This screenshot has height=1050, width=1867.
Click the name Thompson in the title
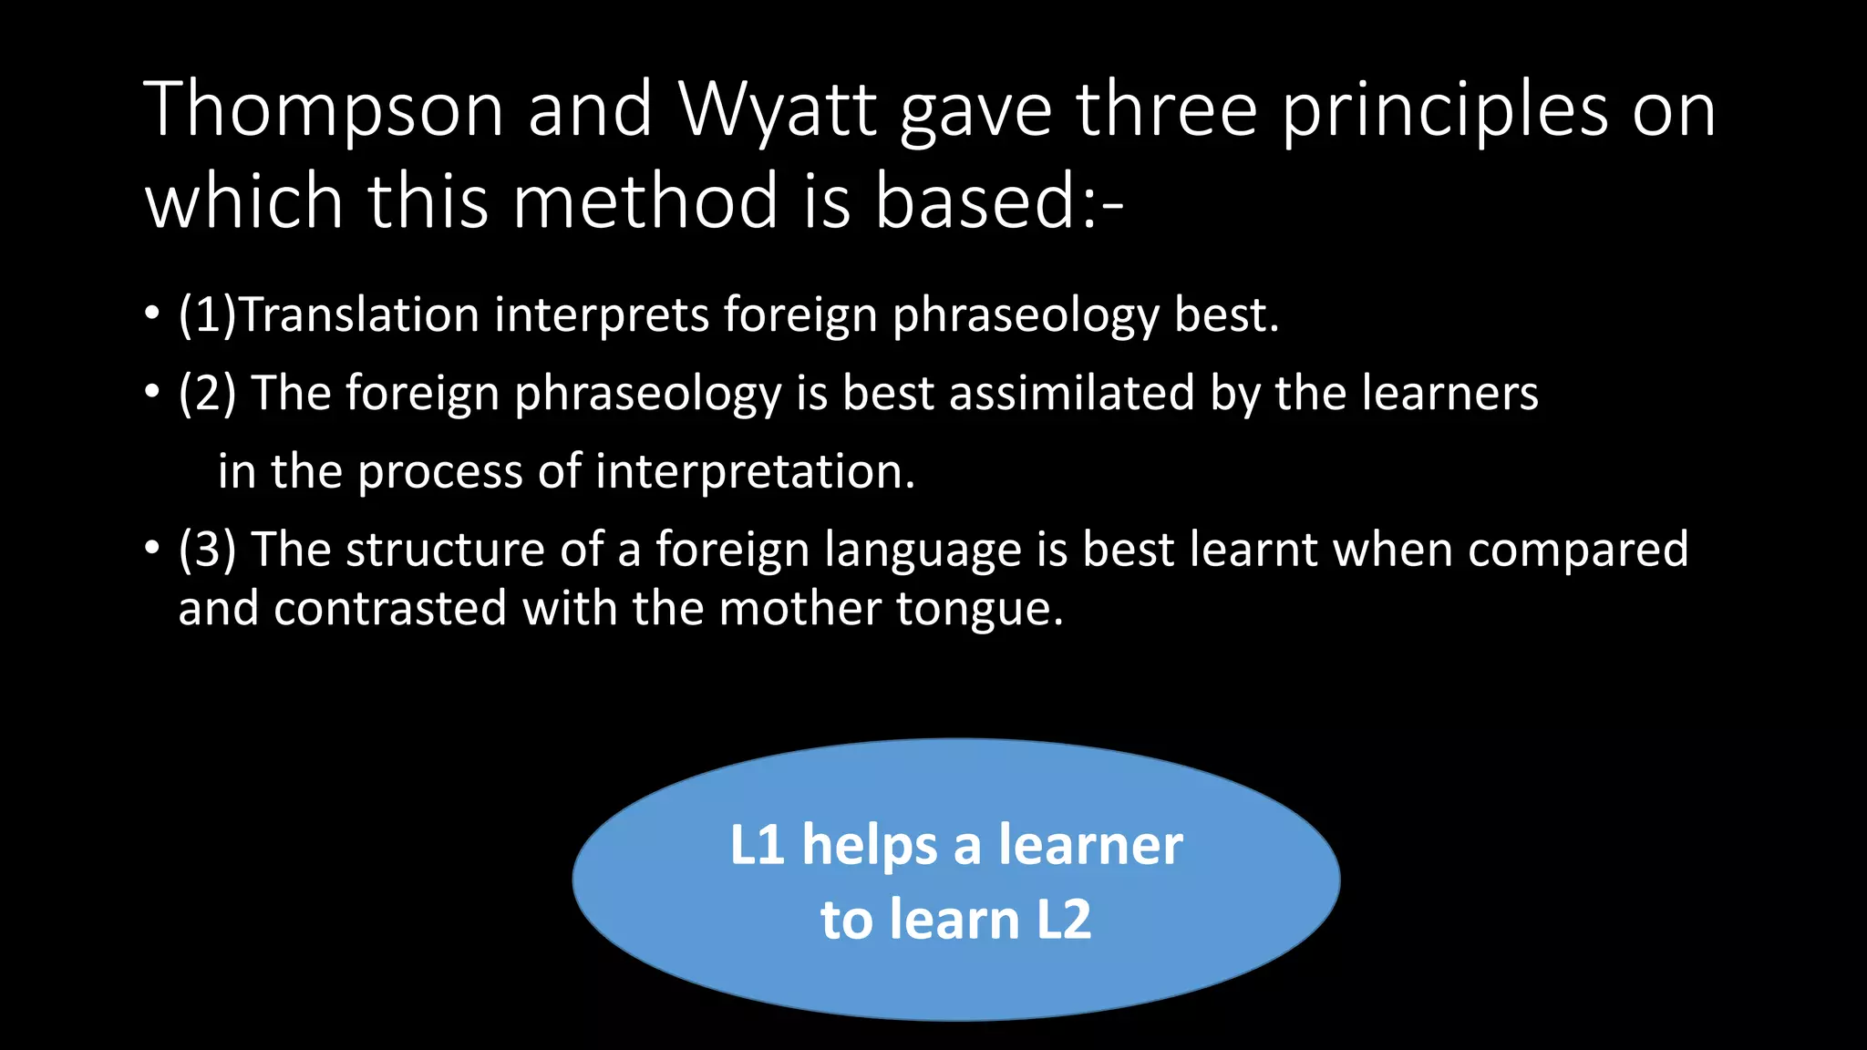(324, 110)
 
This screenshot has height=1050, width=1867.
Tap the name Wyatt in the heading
(777, 110)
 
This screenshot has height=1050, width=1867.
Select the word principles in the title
(1445, 110)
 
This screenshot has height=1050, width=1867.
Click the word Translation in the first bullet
(359, 315)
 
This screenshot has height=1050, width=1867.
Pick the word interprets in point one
(602, 315)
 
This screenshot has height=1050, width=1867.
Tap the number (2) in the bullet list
(207, 394)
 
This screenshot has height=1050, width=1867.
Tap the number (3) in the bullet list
(207, 550)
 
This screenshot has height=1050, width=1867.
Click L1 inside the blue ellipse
(757, 845)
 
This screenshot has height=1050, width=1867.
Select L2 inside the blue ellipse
(1064, 919)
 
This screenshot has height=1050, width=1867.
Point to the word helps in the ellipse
(869, 846)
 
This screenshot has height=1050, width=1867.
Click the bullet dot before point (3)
(151, 550)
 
